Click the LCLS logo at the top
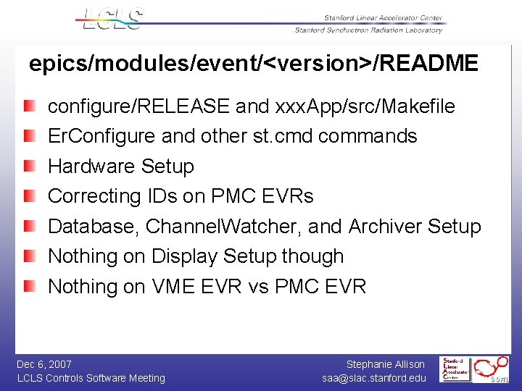[112, 18]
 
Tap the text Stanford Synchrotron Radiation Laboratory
[368, 30]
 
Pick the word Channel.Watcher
[221, 227]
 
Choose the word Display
[185, 256]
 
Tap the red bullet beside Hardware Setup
[29, 167]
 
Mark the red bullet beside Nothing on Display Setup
[29, 256]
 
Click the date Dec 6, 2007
[44, 364]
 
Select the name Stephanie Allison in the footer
[386, 364]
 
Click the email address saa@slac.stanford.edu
[374, 378]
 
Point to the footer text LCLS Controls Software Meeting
[91, 378]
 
